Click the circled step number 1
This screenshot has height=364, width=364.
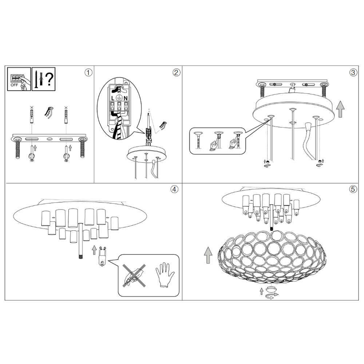point(88,73)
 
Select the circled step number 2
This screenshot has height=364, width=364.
point(176,73)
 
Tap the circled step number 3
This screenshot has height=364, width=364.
point(353,73)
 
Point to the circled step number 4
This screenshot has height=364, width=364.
point(175,189)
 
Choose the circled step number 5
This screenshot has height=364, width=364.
point(353,189)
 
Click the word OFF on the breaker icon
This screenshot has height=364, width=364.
point(14,85)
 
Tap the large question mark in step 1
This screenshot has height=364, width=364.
point(49,79)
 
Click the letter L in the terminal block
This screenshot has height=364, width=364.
point(113,98)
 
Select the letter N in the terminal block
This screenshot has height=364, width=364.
point(126,98)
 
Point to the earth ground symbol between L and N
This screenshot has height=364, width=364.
point(119,98)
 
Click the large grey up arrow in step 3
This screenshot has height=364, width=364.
point(340,109)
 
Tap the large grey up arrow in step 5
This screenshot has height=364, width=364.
point(208,255)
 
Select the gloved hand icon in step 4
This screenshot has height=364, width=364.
point(165,275)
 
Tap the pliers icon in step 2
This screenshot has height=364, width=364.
point(163,126)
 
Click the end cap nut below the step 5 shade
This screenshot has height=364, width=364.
point(270,289)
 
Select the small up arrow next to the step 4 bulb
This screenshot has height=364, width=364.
point(94,250)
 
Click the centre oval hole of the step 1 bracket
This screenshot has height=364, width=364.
point(50,139)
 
